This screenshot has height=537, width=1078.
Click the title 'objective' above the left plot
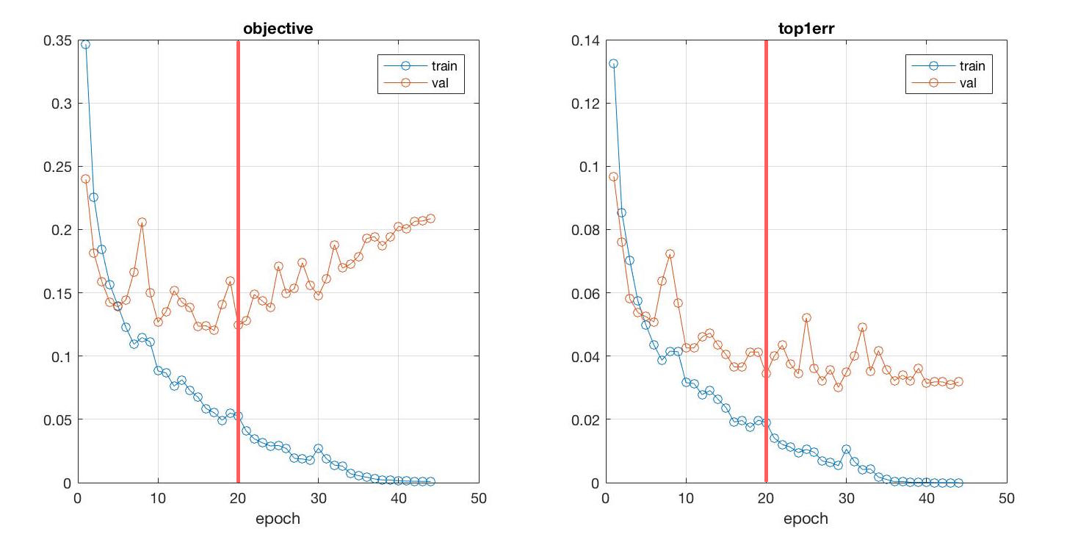pos(278,29)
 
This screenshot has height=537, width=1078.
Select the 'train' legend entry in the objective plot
pos(444,66)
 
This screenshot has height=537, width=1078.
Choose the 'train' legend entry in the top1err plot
pos(972,66)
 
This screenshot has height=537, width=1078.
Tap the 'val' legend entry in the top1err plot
pos(967,84)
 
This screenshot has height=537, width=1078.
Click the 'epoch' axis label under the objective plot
pos(278,519)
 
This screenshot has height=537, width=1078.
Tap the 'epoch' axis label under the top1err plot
pos(806,519)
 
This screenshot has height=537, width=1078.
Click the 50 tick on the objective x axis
pos(479,498)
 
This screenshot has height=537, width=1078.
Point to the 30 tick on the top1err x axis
pos(846,498)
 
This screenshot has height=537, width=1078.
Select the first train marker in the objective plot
pos(85,44)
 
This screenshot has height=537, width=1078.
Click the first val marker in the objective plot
pos(85,179)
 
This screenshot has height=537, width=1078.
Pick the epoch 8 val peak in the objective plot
pos(142,222)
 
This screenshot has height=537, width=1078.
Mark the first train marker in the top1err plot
pos(613,63)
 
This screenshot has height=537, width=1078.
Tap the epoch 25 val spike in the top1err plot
pos(806,318)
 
